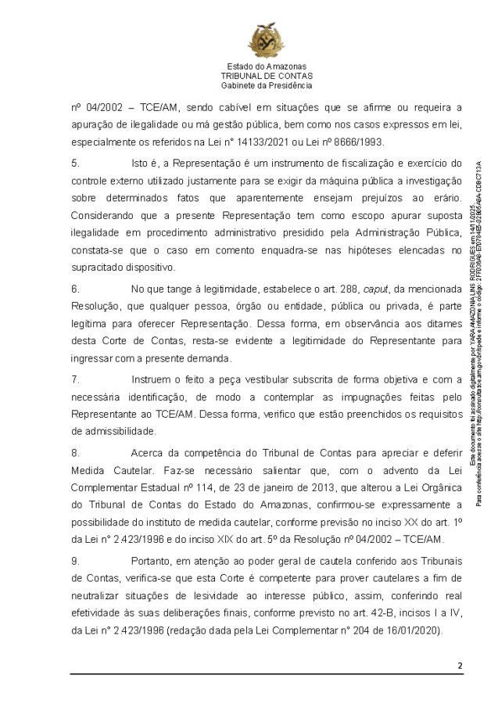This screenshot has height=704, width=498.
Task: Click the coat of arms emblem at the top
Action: tap(266, 39)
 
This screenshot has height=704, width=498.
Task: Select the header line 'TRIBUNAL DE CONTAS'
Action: tap(266, 76)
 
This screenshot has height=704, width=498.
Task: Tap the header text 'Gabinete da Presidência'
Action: tap(266, 85)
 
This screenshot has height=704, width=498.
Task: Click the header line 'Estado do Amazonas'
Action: tap(266, 66)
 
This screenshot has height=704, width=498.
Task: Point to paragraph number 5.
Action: tap(75, 163)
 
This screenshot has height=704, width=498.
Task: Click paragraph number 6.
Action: tap(75, 288)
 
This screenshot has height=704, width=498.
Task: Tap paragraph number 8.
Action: tap(75, 452)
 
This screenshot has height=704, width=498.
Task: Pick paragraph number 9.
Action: tap(75, 561)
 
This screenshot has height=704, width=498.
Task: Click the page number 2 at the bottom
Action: tap(460, 666)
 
